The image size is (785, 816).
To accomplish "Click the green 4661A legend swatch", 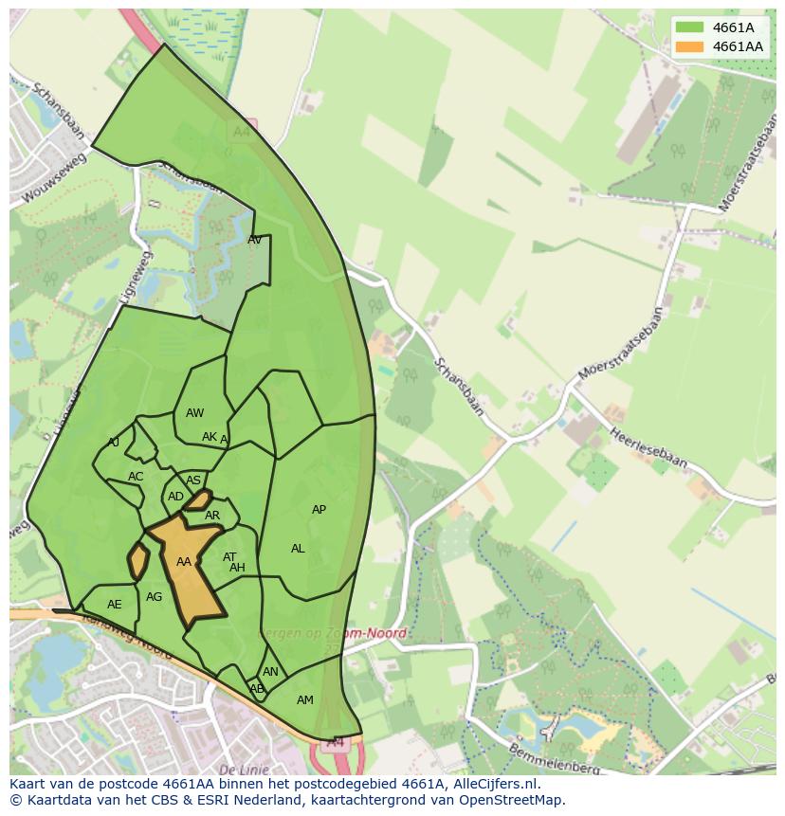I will pyautogui.click(x=689, y=27).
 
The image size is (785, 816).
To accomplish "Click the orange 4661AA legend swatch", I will pyautogui.click(x=689, y=46).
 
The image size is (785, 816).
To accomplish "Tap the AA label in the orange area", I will pyautogui.click(x=184, y=562).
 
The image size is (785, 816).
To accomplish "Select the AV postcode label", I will pyautogui.click(x=254, y=240).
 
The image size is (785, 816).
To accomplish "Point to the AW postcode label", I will pyautogui.click(x=194, y=413).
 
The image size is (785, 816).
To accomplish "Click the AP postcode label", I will pyautogui.click(x=319, y=510).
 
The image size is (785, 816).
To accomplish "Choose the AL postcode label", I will pyautogui.click(x=298, y=549).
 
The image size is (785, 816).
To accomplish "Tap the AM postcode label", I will pyautogui.click(x=304, y=700).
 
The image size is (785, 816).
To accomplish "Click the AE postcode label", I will pyautogui.click(x=115, y=605).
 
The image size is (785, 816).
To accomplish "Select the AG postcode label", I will pyautogui.click(x=155, y=597).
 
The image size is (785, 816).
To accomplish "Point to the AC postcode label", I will pyautogui.click(x=136, y=477).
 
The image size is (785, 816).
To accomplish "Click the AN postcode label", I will pyautogui.click(x=271, y=672).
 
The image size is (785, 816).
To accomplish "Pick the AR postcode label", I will pyautogui.click(x=212, y=517).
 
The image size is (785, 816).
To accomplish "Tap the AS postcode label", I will pyautogui.click(x=193, y=481).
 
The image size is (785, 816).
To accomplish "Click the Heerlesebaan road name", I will pyautogui.click(x=648, y=444).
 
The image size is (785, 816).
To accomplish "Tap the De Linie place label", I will pyautogui.click(x=244, y=770).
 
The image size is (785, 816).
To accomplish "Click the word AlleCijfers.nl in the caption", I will pyautogui.click(x=494, y=784).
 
